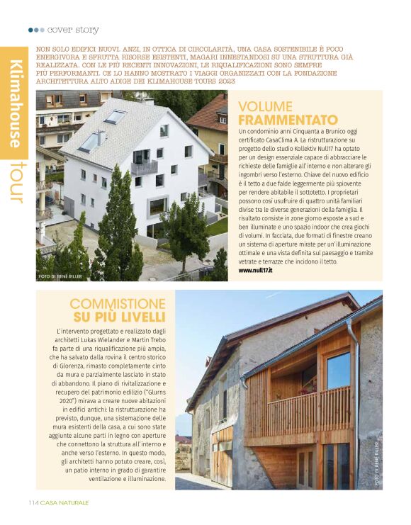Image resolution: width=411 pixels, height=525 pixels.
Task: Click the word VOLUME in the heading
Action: click(264, 106)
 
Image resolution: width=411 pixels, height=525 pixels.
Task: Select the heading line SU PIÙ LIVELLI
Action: click(119, 316)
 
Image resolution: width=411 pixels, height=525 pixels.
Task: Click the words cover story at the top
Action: click(74, 30)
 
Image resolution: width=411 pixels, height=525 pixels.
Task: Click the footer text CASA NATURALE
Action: click(64, 503)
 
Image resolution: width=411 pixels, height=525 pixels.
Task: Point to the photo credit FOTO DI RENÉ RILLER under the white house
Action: click(62, 276)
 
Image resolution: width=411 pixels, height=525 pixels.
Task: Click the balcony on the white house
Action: click(144, 167)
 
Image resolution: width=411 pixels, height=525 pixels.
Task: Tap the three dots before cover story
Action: click(36, 30)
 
